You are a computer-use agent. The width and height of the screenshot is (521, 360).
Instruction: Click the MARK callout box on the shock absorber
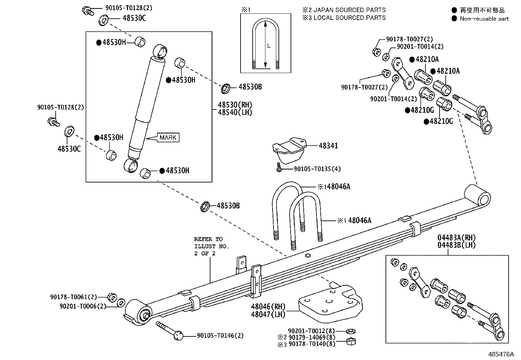tap(168, 138)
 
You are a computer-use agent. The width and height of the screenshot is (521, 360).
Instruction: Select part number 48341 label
tap(328, 146)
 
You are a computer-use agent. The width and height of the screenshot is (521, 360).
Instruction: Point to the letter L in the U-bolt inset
tap(269, 46)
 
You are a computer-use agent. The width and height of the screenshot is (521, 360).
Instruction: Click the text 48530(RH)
tap(235, 105)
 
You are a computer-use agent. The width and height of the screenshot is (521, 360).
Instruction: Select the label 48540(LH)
tap(235, 112)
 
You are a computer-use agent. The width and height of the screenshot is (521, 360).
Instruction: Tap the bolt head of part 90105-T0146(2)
tap(178, 336)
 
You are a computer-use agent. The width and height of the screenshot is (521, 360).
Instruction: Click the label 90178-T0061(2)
tap(74, 297)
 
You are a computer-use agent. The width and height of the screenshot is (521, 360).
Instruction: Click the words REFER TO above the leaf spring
tap(208, 239)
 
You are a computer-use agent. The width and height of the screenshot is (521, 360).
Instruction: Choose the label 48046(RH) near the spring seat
tap(268, 307)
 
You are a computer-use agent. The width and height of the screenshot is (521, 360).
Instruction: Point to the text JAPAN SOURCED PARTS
tap(350, 10)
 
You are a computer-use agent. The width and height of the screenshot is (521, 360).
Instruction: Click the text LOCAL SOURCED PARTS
tap(350, 18)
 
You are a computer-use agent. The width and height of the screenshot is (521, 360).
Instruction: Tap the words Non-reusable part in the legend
tap(484, 19)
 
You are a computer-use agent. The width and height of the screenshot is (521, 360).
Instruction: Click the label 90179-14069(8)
tap(312, 337)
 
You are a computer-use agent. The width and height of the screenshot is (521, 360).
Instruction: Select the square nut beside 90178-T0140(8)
tap(351, 342)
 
